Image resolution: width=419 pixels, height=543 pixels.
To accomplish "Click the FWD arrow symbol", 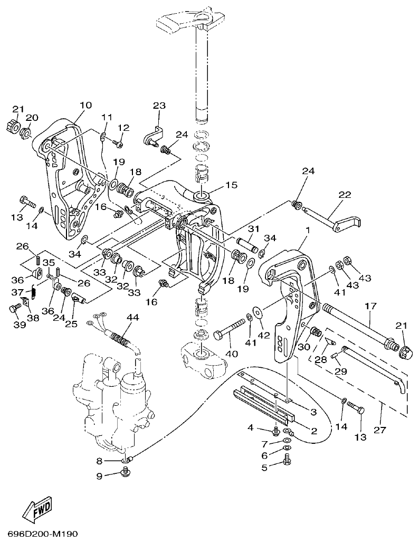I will [x=37, y=508].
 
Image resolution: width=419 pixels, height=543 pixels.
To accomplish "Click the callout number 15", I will [x=231, y=185].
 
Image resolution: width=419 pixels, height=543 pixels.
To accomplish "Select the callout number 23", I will [x=159, y=106].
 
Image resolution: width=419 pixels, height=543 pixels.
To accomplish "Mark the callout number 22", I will [x=344, y=195].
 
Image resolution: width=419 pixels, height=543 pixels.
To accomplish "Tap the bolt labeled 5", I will [x=288, y=461].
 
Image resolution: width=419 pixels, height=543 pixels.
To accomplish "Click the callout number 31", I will [x=254, y=228].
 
